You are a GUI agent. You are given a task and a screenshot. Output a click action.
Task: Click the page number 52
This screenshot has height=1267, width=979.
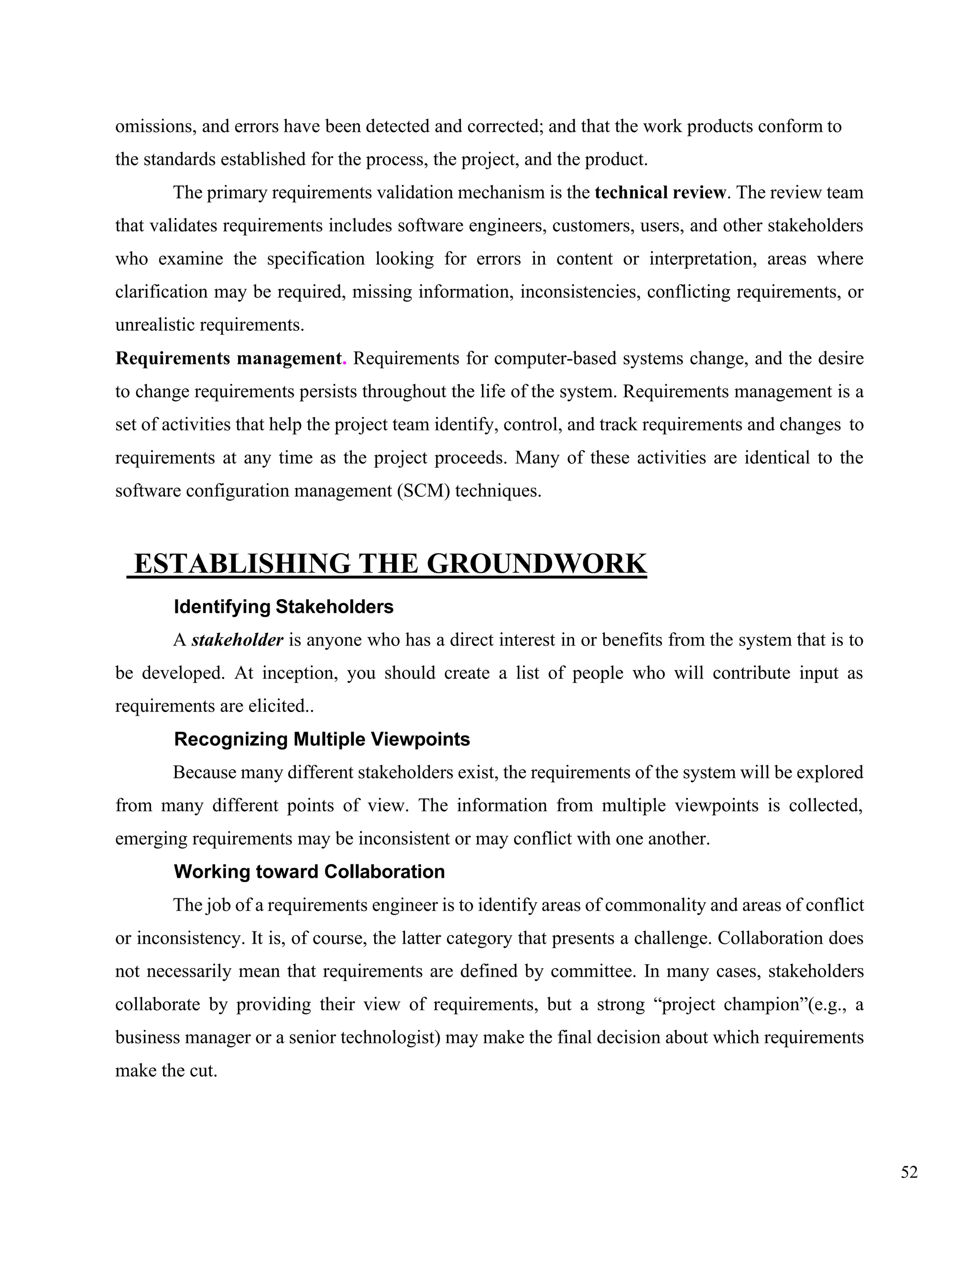(x=909, y=1172)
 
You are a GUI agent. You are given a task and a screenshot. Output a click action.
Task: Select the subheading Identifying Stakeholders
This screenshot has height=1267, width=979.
(x=283, y=607)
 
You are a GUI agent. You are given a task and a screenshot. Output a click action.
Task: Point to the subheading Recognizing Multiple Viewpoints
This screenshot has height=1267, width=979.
(x=322, y=739)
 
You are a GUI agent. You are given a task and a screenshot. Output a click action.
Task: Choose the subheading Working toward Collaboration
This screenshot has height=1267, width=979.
(x=309, y=871)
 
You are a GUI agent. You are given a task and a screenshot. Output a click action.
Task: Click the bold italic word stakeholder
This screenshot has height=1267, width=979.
(x=237, y=640)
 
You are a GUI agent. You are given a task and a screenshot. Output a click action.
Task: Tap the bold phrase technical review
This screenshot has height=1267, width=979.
(x=660, y=193)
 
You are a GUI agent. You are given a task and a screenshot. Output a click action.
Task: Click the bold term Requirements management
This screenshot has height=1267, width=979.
(x=228, y=359)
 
